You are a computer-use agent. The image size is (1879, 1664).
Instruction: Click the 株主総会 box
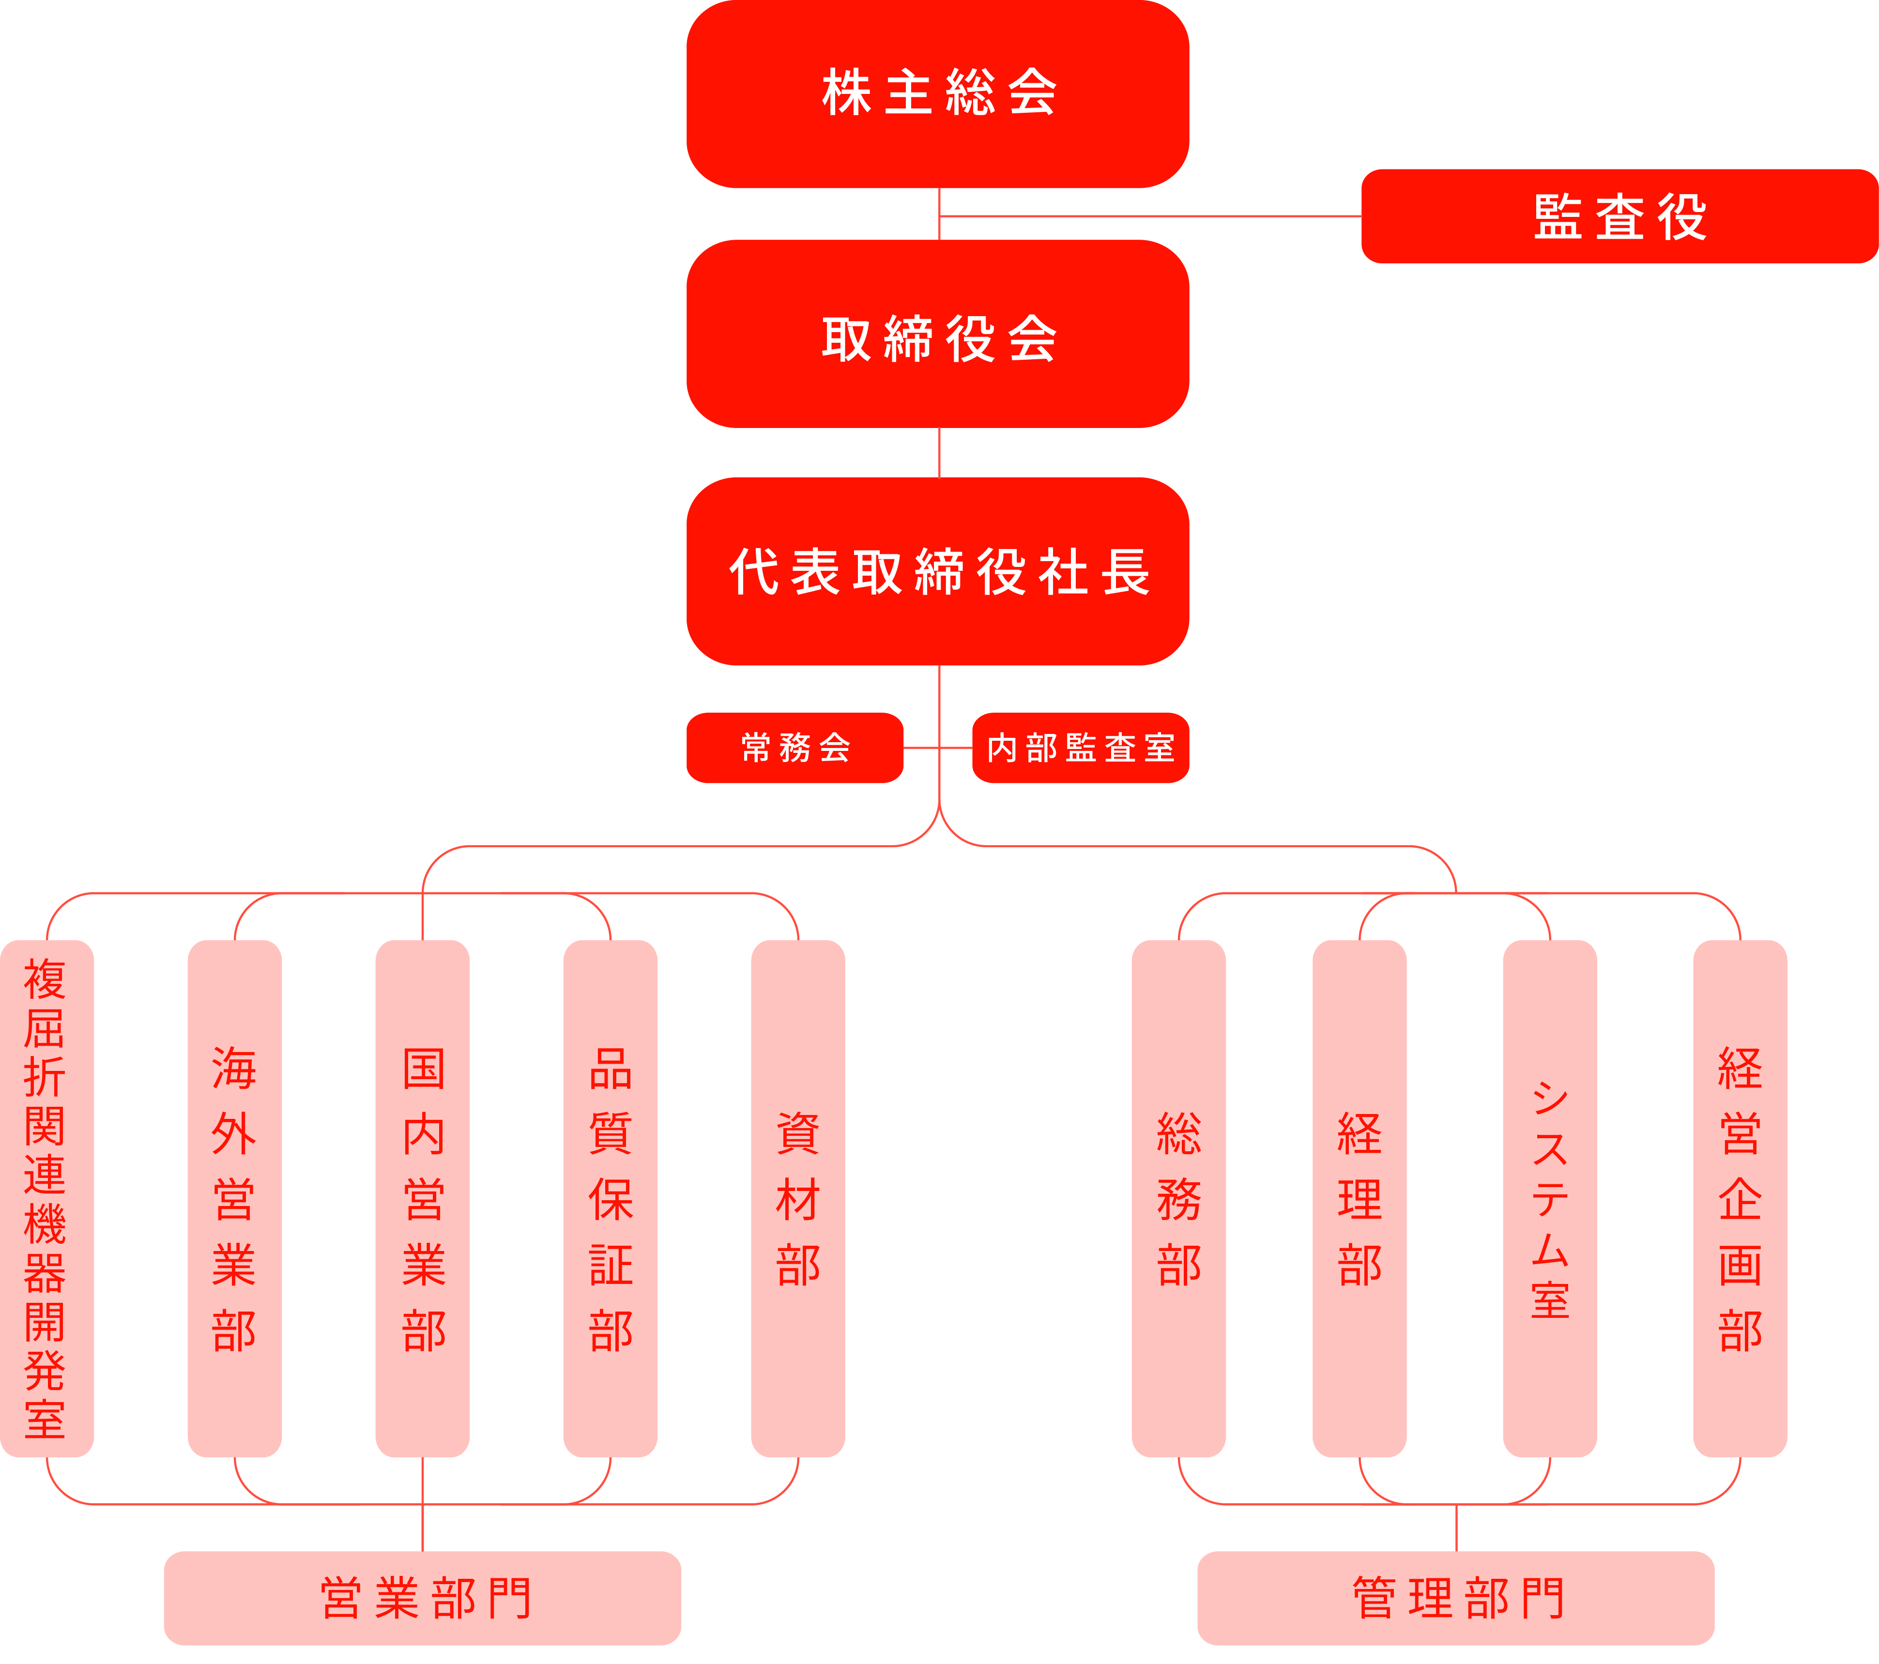(x=938, y=94)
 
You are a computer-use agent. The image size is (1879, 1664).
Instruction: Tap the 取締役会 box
(x=938, y=334)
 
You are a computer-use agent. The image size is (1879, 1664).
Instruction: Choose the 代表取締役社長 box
(x=938, y=571)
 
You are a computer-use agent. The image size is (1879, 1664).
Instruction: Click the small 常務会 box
(x=795, y=748)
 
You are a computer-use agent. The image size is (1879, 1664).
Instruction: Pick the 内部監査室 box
(x=1081, y=748)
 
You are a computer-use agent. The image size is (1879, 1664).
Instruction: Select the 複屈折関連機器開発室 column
(x=47, y=1198)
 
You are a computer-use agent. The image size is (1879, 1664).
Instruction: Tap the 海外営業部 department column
(x=234, y=1198)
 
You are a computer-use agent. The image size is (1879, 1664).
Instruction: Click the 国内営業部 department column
(x=423, y=1198)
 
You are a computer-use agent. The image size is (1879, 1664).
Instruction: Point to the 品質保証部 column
(x=611, y=1198)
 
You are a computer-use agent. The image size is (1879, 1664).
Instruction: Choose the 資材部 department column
(x=798, y=1198)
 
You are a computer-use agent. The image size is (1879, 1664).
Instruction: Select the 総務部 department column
(x=1178, y=1198)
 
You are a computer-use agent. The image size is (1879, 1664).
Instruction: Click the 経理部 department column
(x=1360, y=1198)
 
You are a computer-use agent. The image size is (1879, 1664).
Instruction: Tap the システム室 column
(x=1550, y=1198)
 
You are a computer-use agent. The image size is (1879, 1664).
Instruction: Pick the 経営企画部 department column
(x=1740, y=1198)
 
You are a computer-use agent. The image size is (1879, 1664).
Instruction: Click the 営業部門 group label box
(x=423, y=1598)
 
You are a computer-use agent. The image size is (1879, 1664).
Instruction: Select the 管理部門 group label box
(x=1456, y=1598)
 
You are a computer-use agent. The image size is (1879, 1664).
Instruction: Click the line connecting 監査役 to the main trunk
(x=1150, y=216)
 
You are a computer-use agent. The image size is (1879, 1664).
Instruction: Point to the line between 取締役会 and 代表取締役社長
(x=939, y=452)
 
